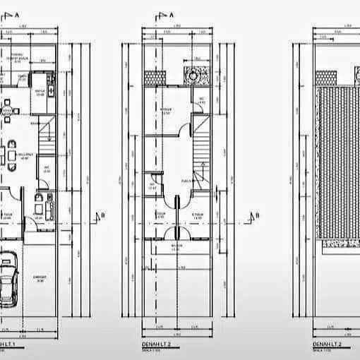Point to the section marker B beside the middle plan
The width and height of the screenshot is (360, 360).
click(x=258, y=215)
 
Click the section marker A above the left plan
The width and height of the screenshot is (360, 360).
click(x=15, y=14)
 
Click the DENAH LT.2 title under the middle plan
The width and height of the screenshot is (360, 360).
click(x=155, y=343)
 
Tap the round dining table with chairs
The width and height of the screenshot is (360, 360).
click(x=8, y=111)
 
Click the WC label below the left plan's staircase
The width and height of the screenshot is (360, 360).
click(x=47, y=168)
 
